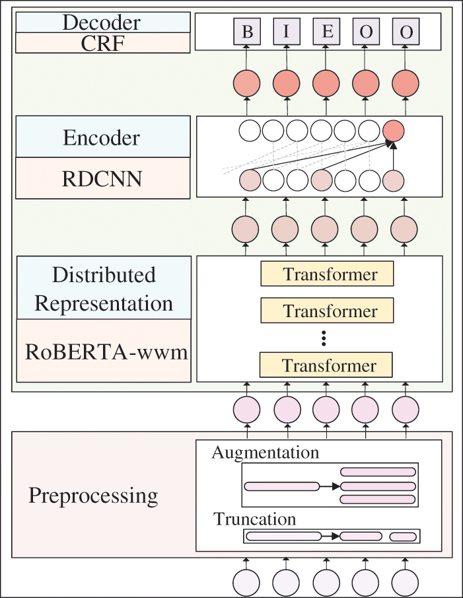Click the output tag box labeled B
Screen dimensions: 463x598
[x=246, y=31]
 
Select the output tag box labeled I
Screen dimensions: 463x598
[x=287, y=31]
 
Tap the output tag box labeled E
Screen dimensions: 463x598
[x=326, y=31]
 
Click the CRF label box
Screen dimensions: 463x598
[x=103, y=43]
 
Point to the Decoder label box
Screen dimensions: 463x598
[x=103, y=22]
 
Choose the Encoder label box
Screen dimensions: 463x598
[x=103, y=137]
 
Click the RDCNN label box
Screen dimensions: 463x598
[x=103, y=178]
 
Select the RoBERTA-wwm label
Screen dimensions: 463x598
[x=106, y=352]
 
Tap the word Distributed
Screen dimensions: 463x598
[x=104, y=275]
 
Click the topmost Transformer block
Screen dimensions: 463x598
[x=328, y=274]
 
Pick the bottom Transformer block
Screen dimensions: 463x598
[x=326, y=365]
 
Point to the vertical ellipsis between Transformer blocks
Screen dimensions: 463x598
[x=324, y=338]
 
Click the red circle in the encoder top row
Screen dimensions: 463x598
[x=393, y=131]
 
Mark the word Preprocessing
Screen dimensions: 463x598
[x=93, y=496]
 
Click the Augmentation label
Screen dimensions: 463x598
[x=266, y=453]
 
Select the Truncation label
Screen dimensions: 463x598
[x=254, y=519]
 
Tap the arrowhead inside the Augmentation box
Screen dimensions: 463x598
[x=336, y=486]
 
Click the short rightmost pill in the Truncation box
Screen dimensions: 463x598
[x=403, y=537]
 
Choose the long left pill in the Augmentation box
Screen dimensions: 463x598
[x=281, y=486]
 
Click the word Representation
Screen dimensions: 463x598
[x=104, y=303]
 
